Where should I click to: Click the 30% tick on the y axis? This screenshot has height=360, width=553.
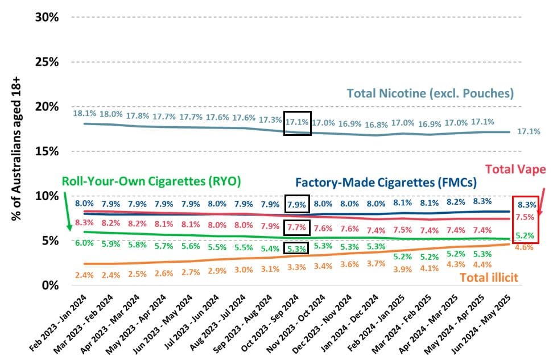point(47,17)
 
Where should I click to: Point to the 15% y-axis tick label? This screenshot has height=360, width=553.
point(47,151)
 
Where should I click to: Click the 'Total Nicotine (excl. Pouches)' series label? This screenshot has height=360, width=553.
point(430,93)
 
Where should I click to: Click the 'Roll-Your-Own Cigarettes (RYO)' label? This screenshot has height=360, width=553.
point(151,181)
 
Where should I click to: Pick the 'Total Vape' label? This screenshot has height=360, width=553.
point(515,169)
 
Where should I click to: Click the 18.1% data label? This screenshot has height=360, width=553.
point(84,114)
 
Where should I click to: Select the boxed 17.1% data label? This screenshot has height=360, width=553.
point(298,122)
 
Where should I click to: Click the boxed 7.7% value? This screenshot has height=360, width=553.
point(297,227)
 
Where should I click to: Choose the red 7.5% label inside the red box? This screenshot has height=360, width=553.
point(525,217)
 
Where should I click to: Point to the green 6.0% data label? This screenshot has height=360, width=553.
point(84,243)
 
